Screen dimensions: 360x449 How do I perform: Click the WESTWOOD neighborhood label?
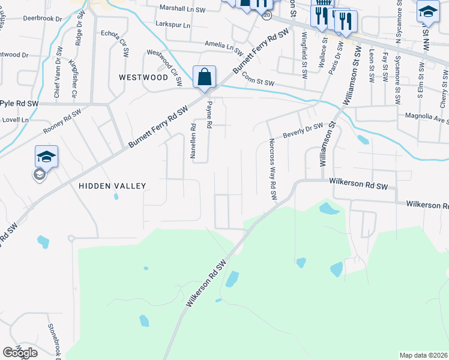(143, 77)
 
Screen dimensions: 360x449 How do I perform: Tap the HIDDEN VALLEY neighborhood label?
(112, 186)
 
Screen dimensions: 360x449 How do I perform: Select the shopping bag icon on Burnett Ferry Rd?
(204, 77)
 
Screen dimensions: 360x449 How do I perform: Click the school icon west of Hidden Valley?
(46, 157)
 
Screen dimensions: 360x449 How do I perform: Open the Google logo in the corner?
(20, 353)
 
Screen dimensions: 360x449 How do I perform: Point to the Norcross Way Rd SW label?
(272, 169)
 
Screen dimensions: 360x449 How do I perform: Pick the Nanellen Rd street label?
(193, 141)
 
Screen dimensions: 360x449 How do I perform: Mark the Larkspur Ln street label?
(172, 25)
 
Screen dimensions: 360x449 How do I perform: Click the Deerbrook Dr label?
(43, 19)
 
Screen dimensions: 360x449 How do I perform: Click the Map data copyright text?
(424, 355)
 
